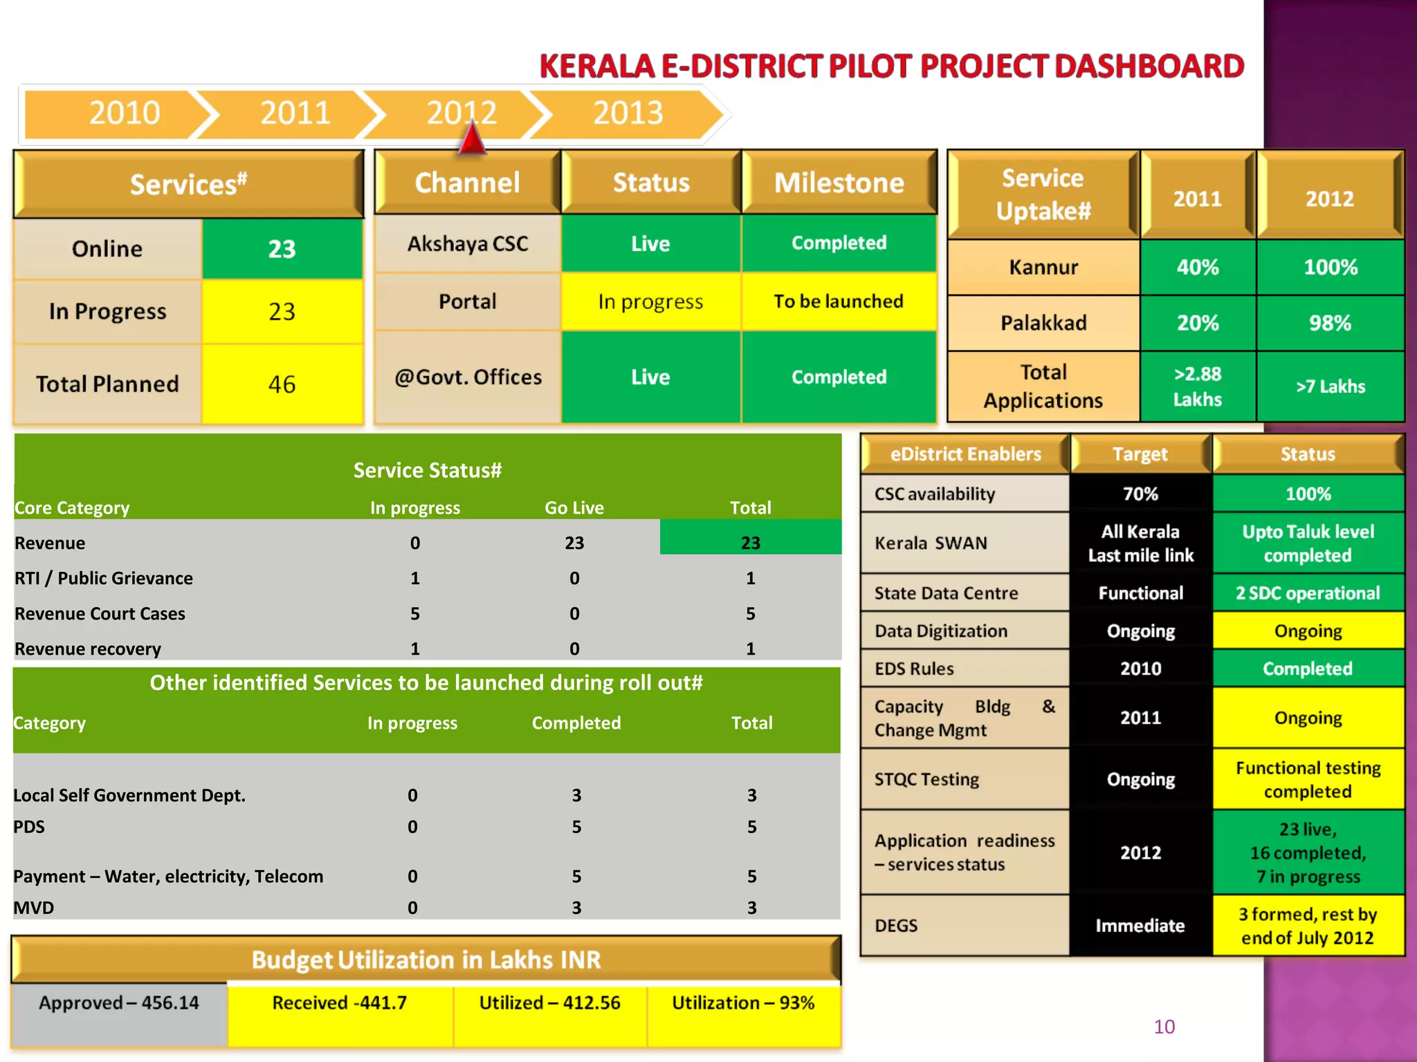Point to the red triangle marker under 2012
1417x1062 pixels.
coord(472,139)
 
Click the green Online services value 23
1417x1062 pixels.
coord(282,249)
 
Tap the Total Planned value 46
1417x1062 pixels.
coord(282,384)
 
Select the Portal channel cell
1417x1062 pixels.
coord(468,301)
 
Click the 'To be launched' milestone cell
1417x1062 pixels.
coord(838,301)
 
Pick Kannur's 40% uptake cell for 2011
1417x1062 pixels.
coord(1198,268)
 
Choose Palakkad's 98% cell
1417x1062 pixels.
coord(1330,323)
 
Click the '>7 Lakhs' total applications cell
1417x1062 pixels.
coord(1330,386)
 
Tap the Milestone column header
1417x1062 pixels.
coord(839,183)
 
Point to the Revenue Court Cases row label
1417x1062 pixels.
coord(100,614)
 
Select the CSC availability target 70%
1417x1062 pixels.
coord(1140,494)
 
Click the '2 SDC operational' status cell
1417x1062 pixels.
coord(1308,593)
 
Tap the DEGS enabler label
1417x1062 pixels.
coord(896,926)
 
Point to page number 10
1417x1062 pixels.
coord(1164,1027)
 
